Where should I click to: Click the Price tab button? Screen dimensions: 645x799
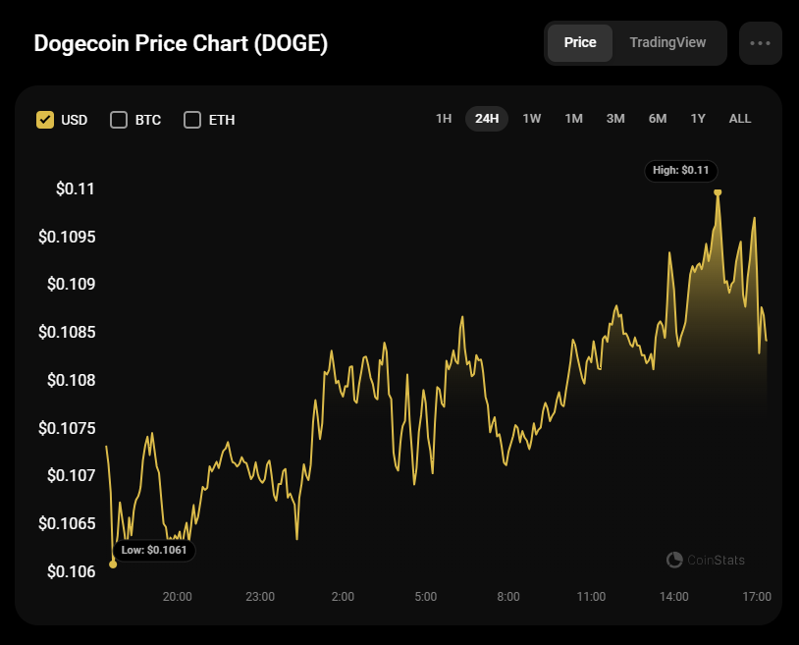tap(580, 43)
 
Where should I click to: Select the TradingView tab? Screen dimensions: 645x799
tap(666, 43)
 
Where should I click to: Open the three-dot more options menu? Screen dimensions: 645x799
tap(761, 43)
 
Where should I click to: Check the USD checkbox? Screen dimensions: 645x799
tap(45, 120)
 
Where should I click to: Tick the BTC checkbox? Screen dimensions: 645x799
tap(119, 120)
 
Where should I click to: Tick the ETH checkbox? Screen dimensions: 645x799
tap(192, 120)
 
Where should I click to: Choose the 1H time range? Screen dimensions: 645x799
tap(444, 119)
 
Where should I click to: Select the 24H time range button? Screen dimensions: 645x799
tap(487, 119)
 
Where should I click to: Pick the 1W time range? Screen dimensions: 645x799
tap(532, 119)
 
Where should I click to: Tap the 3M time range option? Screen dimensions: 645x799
tap(615, 119)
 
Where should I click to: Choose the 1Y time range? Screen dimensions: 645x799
tap(698, 119)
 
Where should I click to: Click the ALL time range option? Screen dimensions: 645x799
tap(740, 119)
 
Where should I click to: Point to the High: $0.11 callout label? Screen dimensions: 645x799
tap(681, 170)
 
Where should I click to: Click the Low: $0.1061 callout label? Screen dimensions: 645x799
tap(154, 551)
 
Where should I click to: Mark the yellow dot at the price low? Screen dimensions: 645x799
tap(113, 564)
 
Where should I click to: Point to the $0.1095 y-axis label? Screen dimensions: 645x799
tap(67, 237)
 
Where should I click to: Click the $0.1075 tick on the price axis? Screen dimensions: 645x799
tap(67, 428)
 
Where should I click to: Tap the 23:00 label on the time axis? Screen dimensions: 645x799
tap(260, 596)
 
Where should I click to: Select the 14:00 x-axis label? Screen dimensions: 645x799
tap(674, 596)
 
